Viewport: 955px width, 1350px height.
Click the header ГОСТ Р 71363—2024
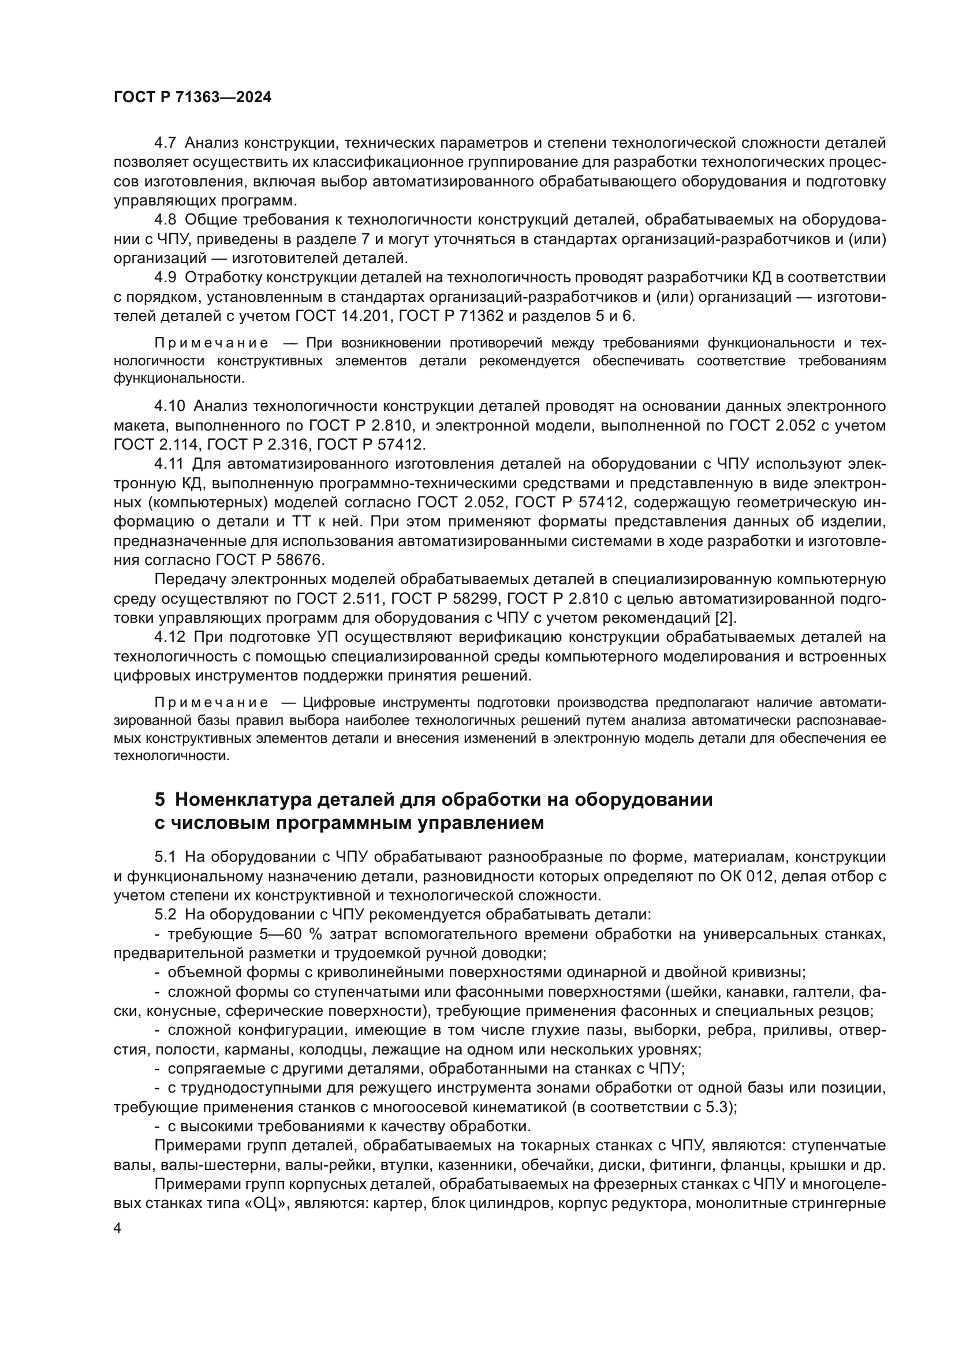[x=192, y=98]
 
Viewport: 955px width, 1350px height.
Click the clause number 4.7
[x=165, y=143]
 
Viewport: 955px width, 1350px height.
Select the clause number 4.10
[x=169, y=406]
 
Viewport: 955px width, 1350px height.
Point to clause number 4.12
[x=169, y=637]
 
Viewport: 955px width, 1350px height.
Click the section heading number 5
[x=160, y=799]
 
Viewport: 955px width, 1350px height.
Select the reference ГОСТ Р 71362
[x=451, y=316]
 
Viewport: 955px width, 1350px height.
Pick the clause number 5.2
[x=165, y=915]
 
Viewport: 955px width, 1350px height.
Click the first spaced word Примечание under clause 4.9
[x=212, y=343]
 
